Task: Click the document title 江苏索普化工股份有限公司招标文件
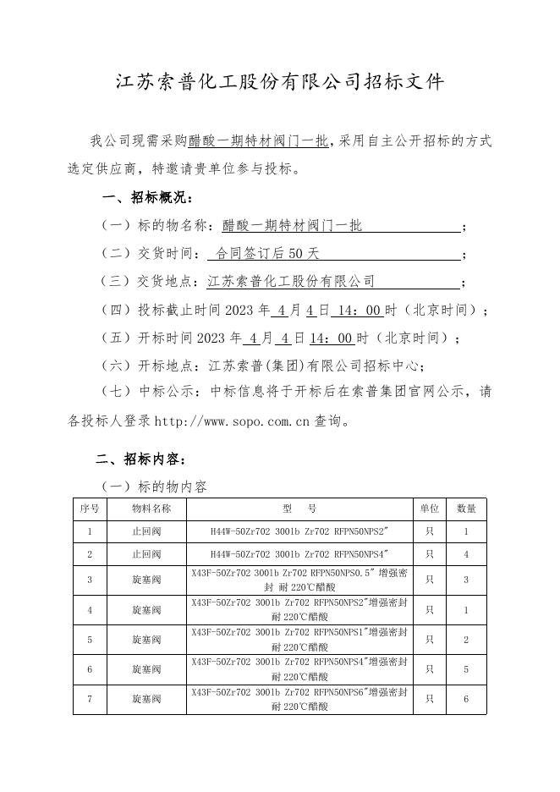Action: (x=279, y=82)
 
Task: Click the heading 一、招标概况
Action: (x=148, y=198)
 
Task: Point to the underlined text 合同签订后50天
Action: (x=267, y=254)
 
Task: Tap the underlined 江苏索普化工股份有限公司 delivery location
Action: (x=291, y=282)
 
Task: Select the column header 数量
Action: (x=466, y=509)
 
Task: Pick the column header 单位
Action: (x=430, y=509)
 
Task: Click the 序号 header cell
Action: (x=90, y=509)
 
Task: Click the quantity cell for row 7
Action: (x=466, y=700)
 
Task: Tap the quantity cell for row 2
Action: (x=466, y=554)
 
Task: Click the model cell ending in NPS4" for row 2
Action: (x=299, y=554)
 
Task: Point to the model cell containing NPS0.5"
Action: (x=299, y=580)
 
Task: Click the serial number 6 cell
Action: (x=90, y=669)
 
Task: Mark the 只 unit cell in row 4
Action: (x=430, y=610)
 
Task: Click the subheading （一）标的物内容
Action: (x=153, y=487)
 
